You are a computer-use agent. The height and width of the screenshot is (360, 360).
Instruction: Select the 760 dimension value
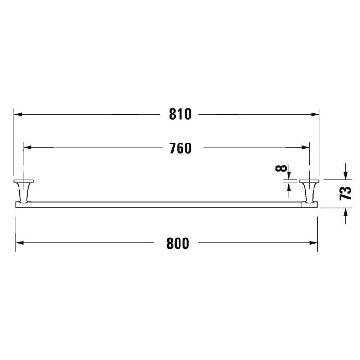180,148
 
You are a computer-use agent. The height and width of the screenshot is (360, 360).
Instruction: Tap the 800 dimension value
178,243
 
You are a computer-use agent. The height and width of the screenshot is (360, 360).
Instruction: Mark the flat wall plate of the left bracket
23,181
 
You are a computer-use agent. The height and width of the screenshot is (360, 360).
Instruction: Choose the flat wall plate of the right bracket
310,181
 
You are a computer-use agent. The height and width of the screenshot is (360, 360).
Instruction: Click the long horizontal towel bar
167,204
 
